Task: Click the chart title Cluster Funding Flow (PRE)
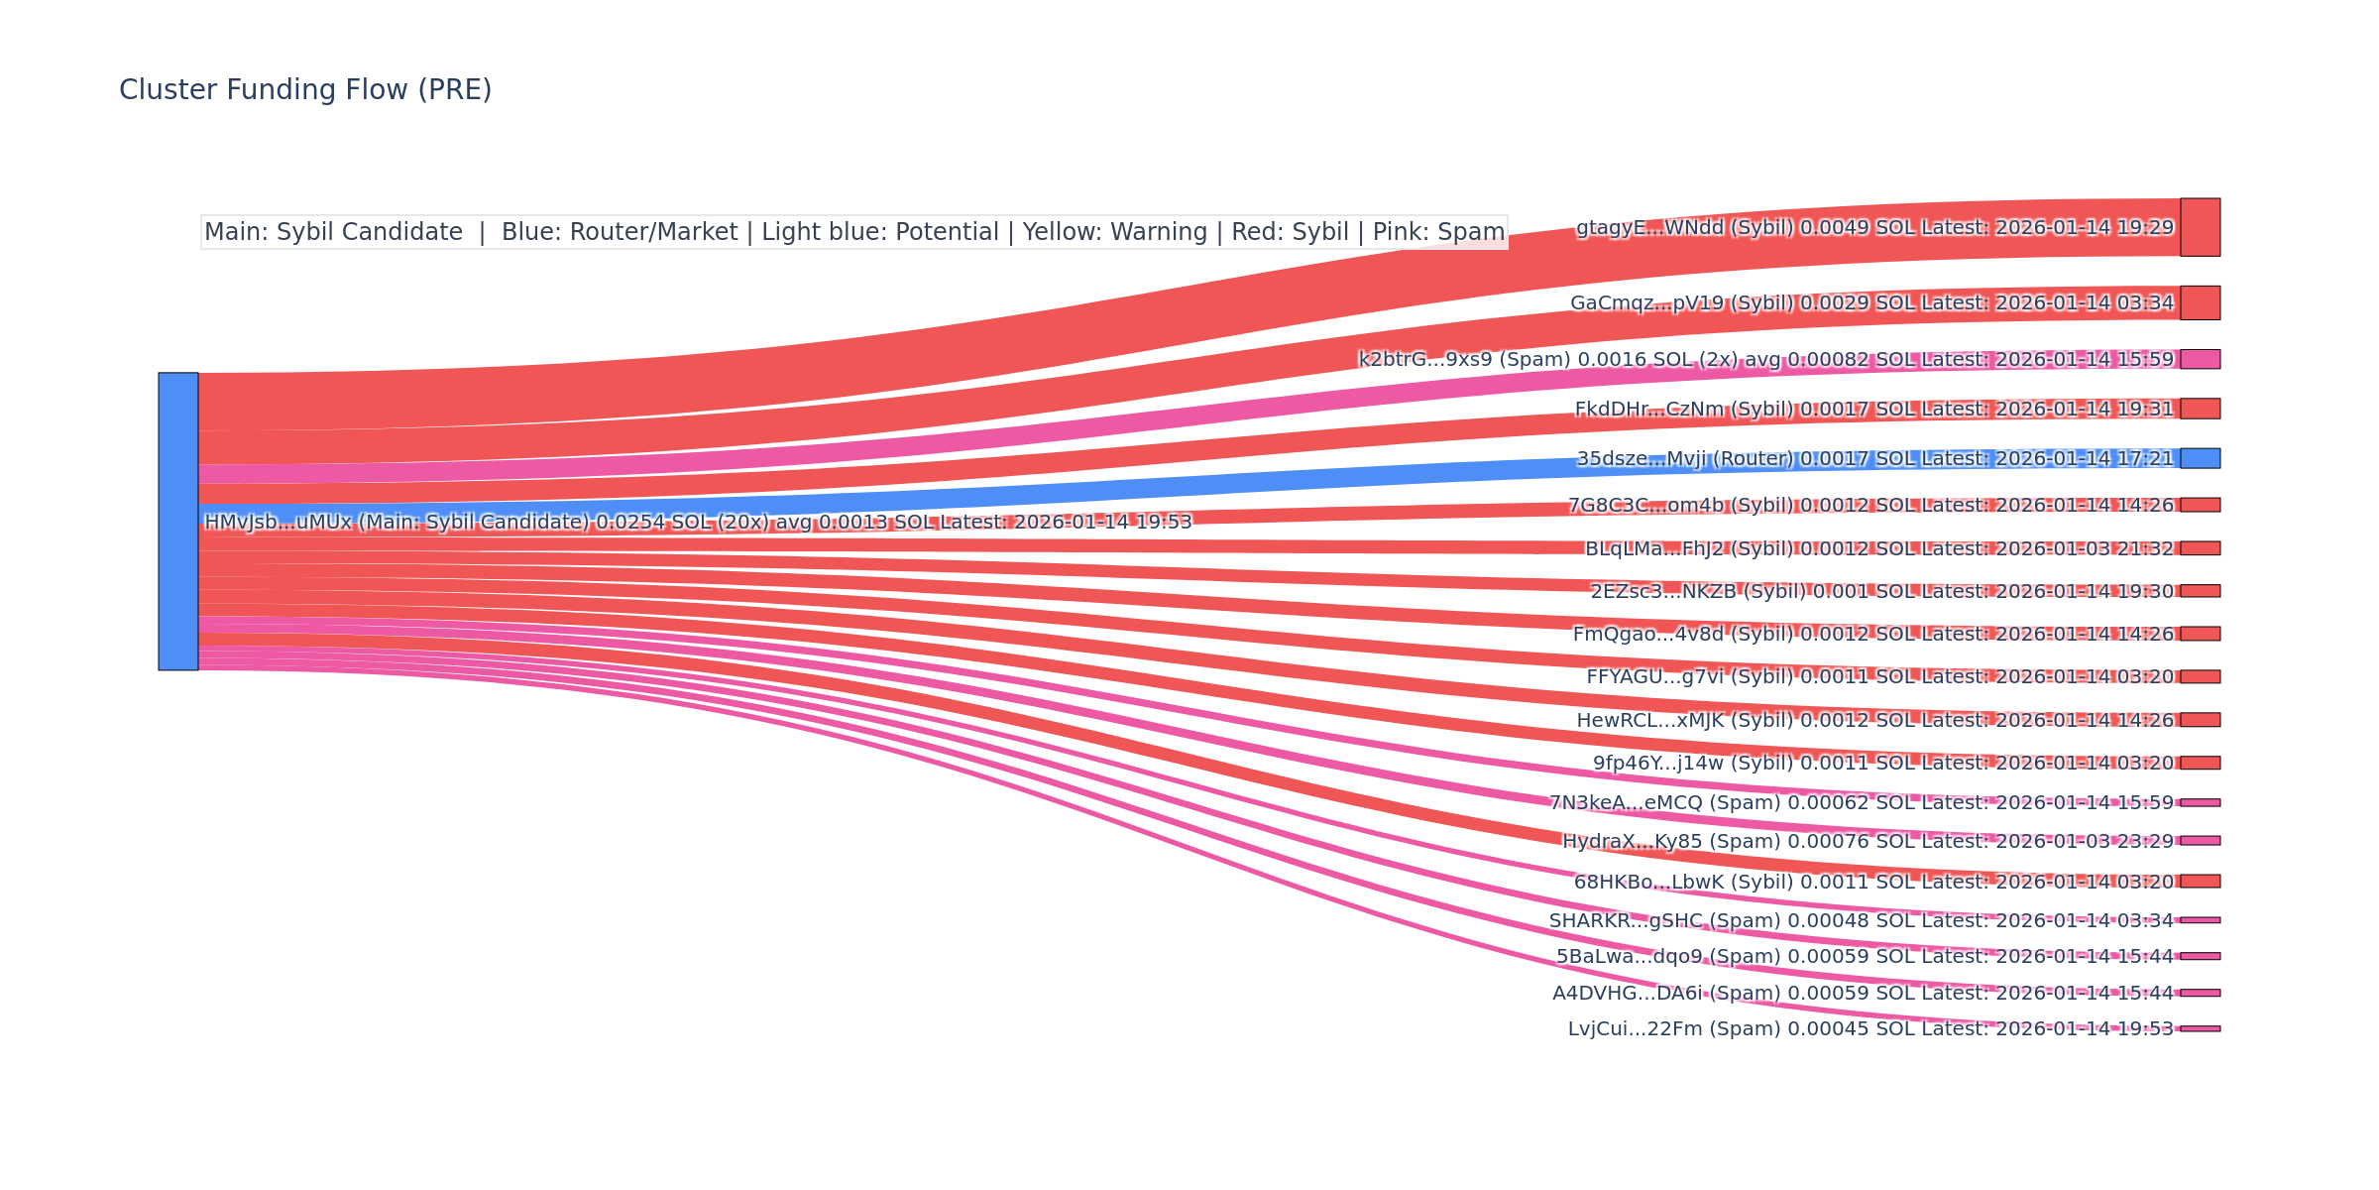click(x=305, y=90)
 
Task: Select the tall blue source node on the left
click(x=178, y=521)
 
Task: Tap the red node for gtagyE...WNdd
click(x=2200, y=227)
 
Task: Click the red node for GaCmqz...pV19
click(x=2200, y=302)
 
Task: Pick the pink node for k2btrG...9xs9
click(x=2200, y=359)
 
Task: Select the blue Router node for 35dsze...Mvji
click(x=2200, y=458)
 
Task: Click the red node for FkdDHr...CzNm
click(x=2200, y=409)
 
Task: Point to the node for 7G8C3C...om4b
click(x=2200, y=505)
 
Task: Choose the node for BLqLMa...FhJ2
click(x=2200, y=548)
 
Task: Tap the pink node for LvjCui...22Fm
click(x=2200, y=1028)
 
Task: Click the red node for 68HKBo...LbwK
click(x=2200, y=882)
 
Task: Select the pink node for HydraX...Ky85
click(x=2200, y=841)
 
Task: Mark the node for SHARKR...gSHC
click(x=2200, y=920)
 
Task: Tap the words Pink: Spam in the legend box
click(x=1438, y=232)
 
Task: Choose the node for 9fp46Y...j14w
click(x=2200, y=763)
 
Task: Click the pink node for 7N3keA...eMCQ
click(x=2200, y=802)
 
